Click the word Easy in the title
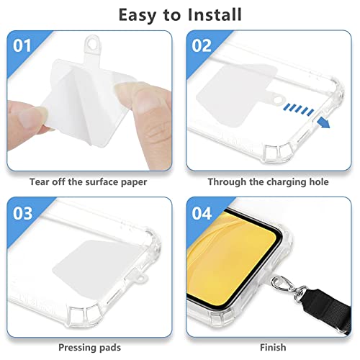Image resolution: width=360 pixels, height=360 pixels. [x=138, y=16]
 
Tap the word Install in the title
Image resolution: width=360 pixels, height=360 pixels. [x=215, y=14]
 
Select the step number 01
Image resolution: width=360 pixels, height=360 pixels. [x=22, y=45]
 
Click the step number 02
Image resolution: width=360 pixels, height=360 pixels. [x=202, y=45]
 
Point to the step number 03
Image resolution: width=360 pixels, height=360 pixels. [x=22, y=213]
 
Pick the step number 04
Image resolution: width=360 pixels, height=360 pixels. [x=202, y=213]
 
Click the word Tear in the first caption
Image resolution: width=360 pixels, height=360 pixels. [x=40, y=181]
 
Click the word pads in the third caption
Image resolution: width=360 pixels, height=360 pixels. [x=109, y=348]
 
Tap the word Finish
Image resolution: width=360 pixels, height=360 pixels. [x=273, y=347]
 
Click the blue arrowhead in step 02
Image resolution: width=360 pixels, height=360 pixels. [x=324, y=123]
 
